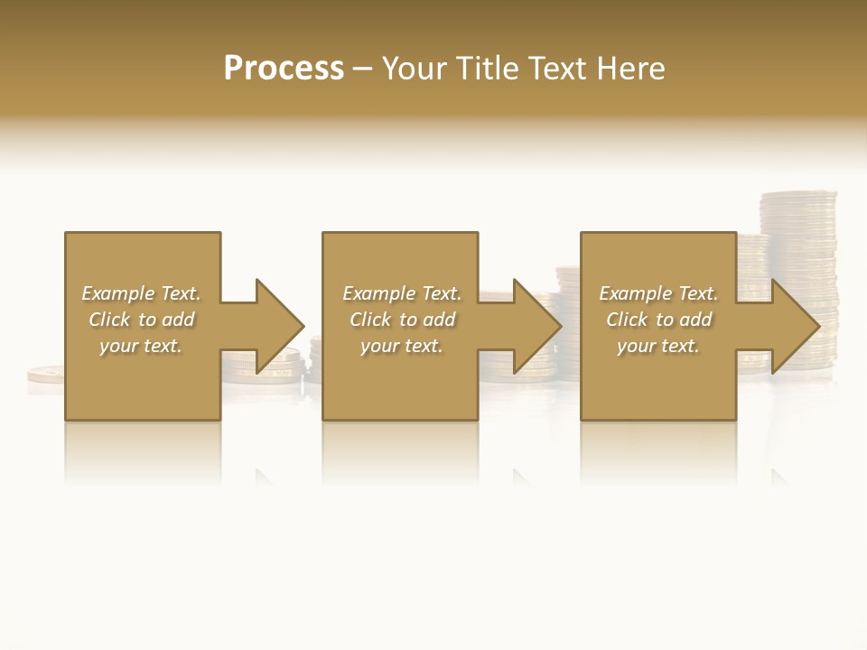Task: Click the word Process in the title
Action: [x=284, y=69]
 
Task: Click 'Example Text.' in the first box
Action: [x=141, y=293]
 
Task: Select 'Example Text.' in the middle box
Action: [x=401, y=293]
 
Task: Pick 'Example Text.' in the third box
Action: [x=658, y=293]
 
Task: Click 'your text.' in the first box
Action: [x=141, y=346]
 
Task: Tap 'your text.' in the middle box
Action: [x=401, y=346]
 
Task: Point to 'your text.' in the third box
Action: [x=658, y=346]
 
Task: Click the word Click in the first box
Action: [x=109, y=320]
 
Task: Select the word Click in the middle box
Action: [x=370, y=320]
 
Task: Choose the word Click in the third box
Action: [x=627, y=320]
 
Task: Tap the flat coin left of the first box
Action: [x=45, y=372]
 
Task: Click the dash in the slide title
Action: [x=362, y=70]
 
